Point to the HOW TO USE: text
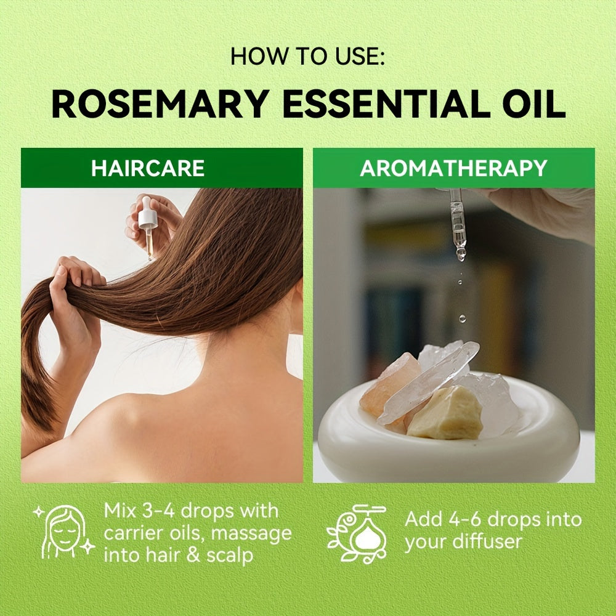pyautogui.click(x=308, y=57)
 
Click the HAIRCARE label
pyautogui.click(x=148, y=168)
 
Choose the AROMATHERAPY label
pyautogui.click(x=453, y=168)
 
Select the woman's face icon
pyautogui.click(x=63, y=532)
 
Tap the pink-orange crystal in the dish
pyautogui.click(x=388, y=382)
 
